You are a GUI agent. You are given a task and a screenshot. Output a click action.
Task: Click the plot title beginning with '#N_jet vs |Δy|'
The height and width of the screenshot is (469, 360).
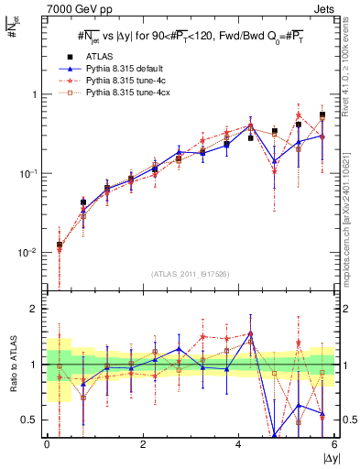coord(190,36)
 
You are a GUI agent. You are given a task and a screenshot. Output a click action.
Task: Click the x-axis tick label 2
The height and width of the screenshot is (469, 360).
coord(143,444)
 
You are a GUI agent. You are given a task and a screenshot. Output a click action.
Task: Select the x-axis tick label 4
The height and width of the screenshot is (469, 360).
coord(239,444)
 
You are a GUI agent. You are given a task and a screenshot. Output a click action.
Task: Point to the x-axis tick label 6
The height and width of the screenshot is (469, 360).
coord(335,444)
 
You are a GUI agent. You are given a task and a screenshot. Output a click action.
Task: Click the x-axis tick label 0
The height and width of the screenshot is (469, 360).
coord(47,444)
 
